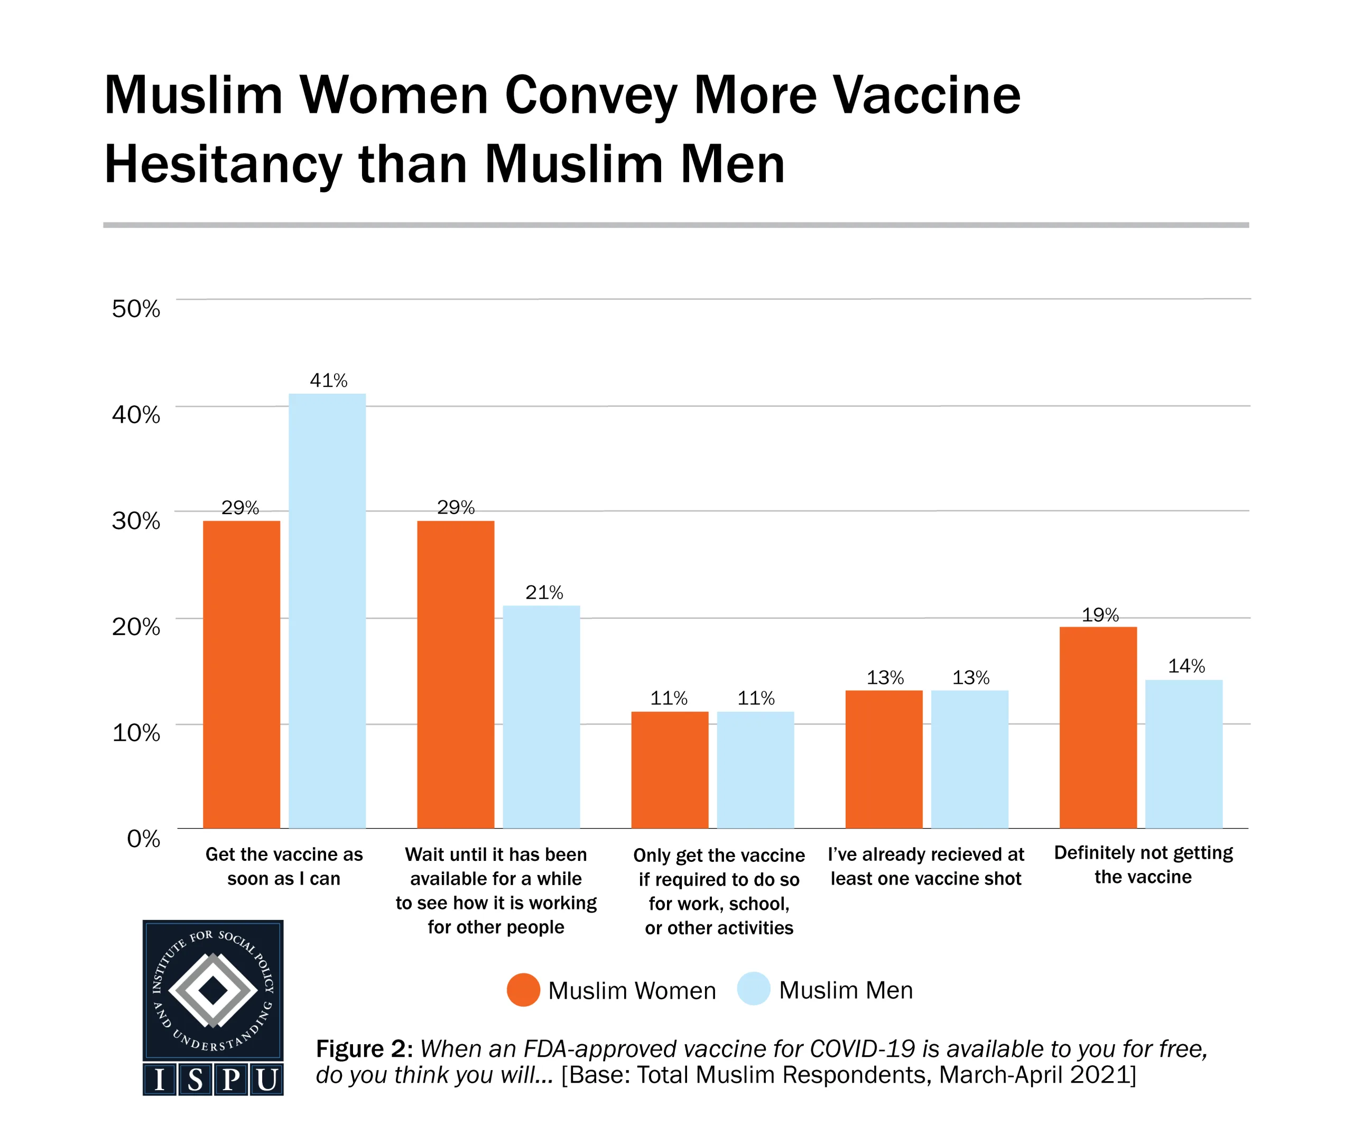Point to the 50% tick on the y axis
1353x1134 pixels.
(135, 309)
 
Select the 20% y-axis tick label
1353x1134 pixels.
(135, 626)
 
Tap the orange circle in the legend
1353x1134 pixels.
(523, 990)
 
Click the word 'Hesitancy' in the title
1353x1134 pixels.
(223, 165)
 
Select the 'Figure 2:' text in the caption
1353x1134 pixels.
(364, 1049)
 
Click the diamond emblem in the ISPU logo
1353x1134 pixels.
(212, 990)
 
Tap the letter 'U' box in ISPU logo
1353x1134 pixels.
(267, 1080)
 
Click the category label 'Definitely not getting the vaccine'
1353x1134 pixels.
(1143, 865)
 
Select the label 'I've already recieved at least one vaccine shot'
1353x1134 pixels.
(925, 866)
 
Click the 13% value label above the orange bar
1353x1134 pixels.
(885, 678)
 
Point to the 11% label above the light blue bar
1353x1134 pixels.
(756, 699)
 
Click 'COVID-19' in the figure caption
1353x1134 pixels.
(862, 1049)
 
